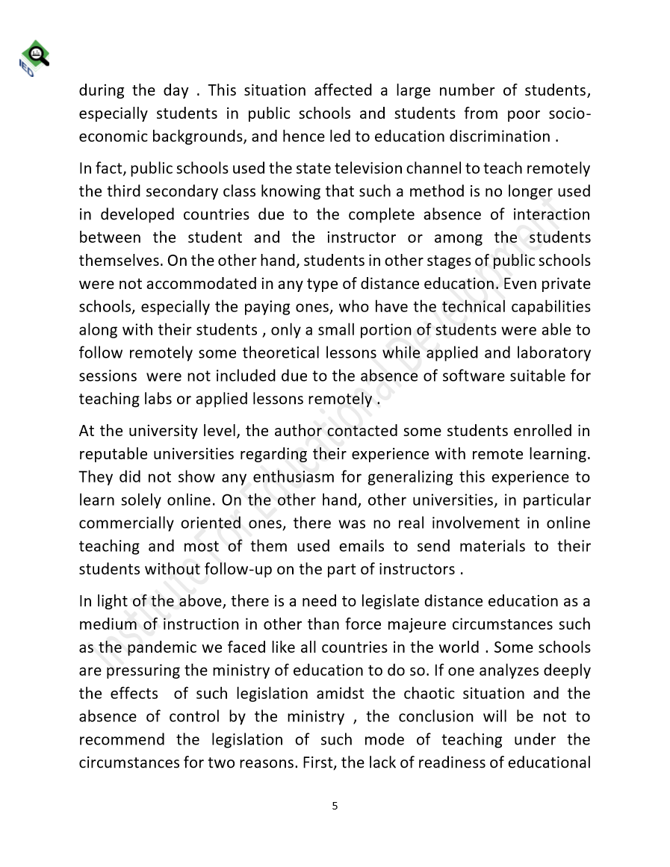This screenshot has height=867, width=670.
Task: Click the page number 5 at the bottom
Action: pyautogui.click(x=335, y=806)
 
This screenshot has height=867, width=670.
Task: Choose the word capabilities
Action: pyautogui.click(x=542, y=308)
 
